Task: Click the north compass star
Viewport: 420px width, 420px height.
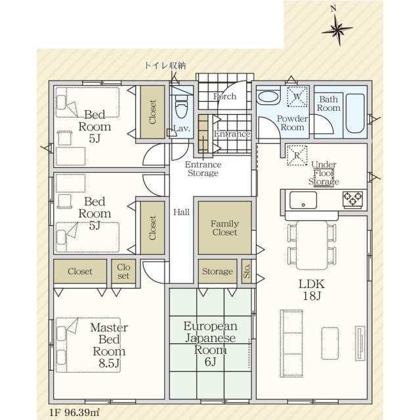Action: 338,29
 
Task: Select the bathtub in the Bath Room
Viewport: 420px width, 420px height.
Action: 355,113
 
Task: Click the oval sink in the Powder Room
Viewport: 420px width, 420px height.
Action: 268,96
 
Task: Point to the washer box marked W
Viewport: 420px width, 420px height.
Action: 297,96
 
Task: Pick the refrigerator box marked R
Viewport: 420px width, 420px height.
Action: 297,155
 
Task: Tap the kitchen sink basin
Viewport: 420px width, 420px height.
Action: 303,199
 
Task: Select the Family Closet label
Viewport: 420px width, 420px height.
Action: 224,228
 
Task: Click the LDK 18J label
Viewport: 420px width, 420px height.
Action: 312,290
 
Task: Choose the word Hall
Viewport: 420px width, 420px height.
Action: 181,212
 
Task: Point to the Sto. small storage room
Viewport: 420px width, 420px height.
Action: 247,271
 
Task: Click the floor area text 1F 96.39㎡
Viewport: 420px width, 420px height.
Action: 73,412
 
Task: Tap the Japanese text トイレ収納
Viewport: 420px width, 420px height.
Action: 165,66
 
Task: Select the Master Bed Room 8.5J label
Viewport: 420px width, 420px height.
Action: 109,345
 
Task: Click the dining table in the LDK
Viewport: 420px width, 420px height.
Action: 312,245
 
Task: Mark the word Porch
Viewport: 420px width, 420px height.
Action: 224,96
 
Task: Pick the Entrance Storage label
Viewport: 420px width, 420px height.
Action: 203,169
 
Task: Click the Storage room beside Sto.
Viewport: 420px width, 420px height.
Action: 217,271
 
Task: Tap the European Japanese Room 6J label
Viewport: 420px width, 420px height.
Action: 211,344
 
